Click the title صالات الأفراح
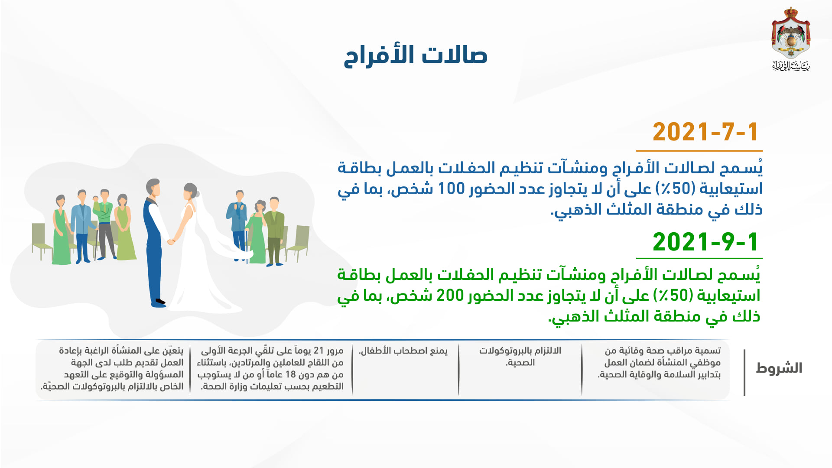point(416,55)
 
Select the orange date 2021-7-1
point(705,132)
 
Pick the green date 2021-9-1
point(705,242)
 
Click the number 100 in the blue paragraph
point(451,189)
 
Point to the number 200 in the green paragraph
point(450,296)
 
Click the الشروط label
point(779,368)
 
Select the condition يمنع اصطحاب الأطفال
point(403,351)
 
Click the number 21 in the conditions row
point(319,351)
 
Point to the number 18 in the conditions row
point(290,374)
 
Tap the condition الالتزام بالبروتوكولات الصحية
point(520,356)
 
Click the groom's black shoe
point(160,301)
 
